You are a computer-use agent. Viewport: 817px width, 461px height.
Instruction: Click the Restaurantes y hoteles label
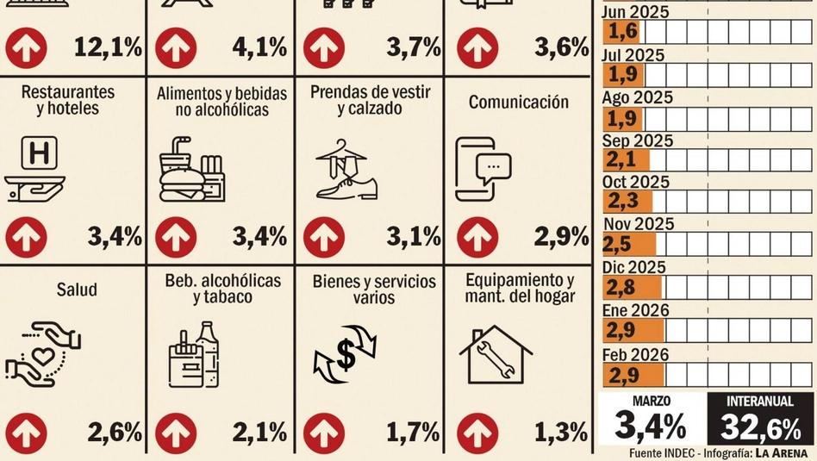click(67, 100)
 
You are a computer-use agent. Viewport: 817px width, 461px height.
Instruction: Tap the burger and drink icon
click(191, 169)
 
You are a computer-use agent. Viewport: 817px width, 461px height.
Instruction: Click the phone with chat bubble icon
click(483, 169)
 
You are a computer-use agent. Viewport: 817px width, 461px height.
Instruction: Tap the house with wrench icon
click(496, 353)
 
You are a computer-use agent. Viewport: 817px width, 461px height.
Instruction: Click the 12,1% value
click(108, 47)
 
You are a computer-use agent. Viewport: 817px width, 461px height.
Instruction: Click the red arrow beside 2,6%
click(26, 431)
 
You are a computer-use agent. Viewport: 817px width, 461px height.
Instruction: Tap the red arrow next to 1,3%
click(477, 431)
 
